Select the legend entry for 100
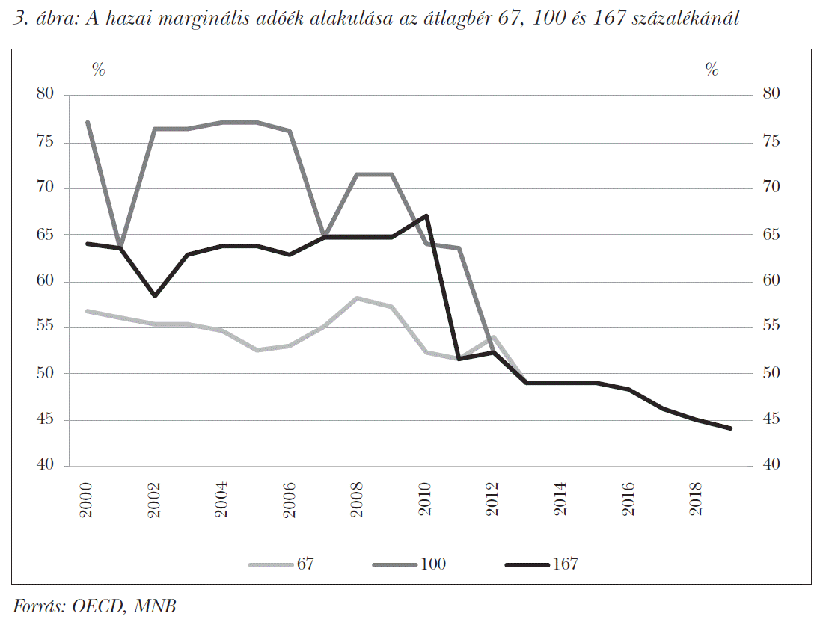tap(408, 564)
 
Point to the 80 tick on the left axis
tap(46, 94)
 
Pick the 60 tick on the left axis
tap(46, 281)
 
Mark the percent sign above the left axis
tap(99, 70)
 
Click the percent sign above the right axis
tap(712, 70)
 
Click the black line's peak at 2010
tap(425, 216)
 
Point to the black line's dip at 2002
tap(154, 296)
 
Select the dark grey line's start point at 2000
tap(88, 122)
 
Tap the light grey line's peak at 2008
tap(358, 298)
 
